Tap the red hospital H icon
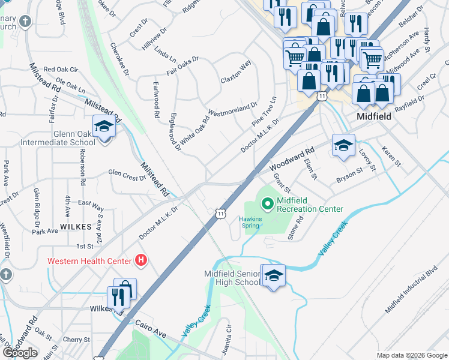141,260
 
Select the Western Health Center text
89,261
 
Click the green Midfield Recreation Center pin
268,204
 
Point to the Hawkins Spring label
252,223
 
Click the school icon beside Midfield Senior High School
273,276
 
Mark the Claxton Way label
235,73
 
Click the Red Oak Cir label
61,70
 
